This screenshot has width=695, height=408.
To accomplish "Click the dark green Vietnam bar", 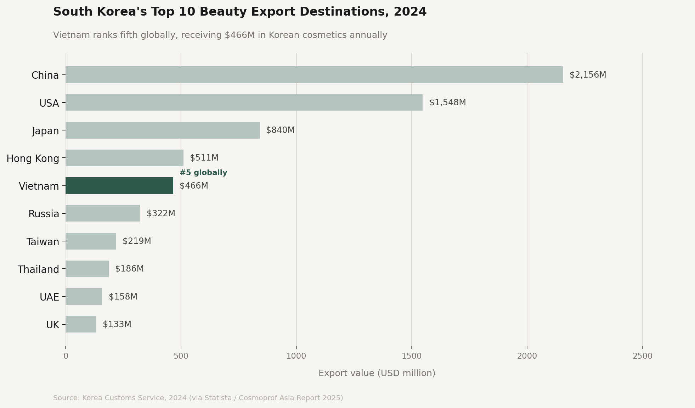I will (119, 186).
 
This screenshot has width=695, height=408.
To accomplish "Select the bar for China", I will (314, 75).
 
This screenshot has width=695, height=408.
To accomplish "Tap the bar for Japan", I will (163, 130).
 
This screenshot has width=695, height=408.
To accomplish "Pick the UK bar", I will (81, 324).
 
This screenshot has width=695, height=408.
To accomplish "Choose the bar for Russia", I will (103, 213).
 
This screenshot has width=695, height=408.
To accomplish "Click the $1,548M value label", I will (447, 103).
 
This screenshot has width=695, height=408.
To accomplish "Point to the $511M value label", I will (204, 158).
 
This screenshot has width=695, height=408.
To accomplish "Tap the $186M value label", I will (129, 269).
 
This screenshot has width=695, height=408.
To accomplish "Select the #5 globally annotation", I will (203, 173).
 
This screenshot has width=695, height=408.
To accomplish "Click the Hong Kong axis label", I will (33, 158).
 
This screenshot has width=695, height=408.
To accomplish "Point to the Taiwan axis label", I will (43, 242).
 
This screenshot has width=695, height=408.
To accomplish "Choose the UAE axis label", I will (49, 297).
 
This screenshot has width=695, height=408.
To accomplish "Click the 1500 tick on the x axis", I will (412, 356).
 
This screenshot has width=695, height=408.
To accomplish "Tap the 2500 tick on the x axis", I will (642, 356).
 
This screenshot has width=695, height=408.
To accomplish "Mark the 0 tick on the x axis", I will (66, 356).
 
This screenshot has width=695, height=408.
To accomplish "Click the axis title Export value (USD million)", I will (377, 373).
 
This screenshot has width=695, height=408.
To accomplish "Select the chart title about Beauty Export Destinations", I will (240, 12).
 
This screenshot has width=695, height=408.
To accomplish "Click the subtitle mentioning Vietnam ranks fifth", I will (220, 35).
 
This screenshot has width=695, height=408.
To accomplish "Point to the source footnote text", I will (198, 398).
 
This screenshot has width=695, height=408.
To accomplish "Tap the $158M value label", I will (123, 297).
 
